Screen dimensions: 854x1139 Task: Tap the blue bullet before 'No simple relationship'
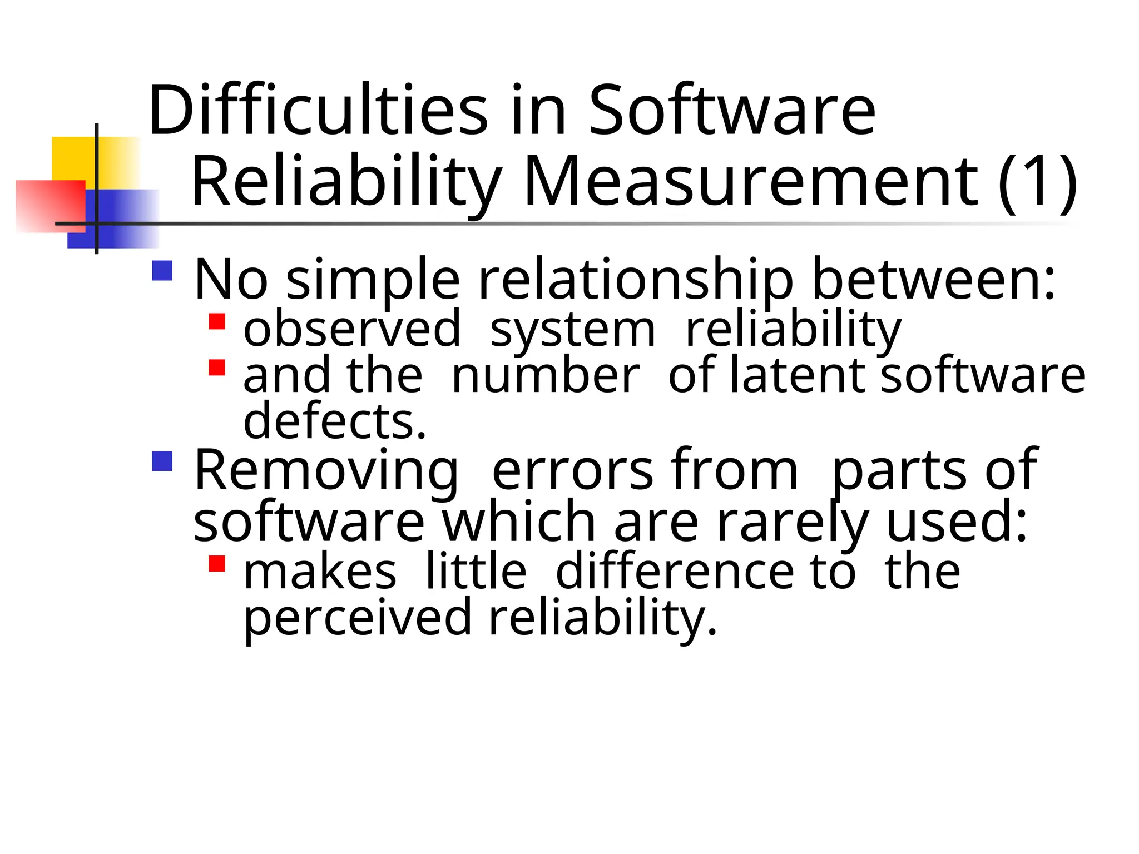pos(162,271)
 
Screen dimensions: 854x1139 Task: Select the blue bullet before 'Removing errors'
pos(162,461)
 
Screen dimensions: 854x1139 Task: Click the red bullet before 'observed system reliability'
pos(217,322)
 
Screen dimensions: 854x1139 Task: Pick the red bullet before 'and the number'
pos(217,368)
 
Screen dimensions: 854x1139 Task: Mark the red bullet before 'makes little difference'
pos(217,564)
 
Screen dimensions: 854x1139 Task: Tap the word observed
pos(352,330)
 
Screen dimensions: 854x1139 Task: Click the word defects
pos(334,421)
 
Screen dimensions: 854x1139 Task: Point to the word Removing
pos(326,471)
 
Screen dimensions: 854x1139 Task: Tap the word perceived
pos(358,618)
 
